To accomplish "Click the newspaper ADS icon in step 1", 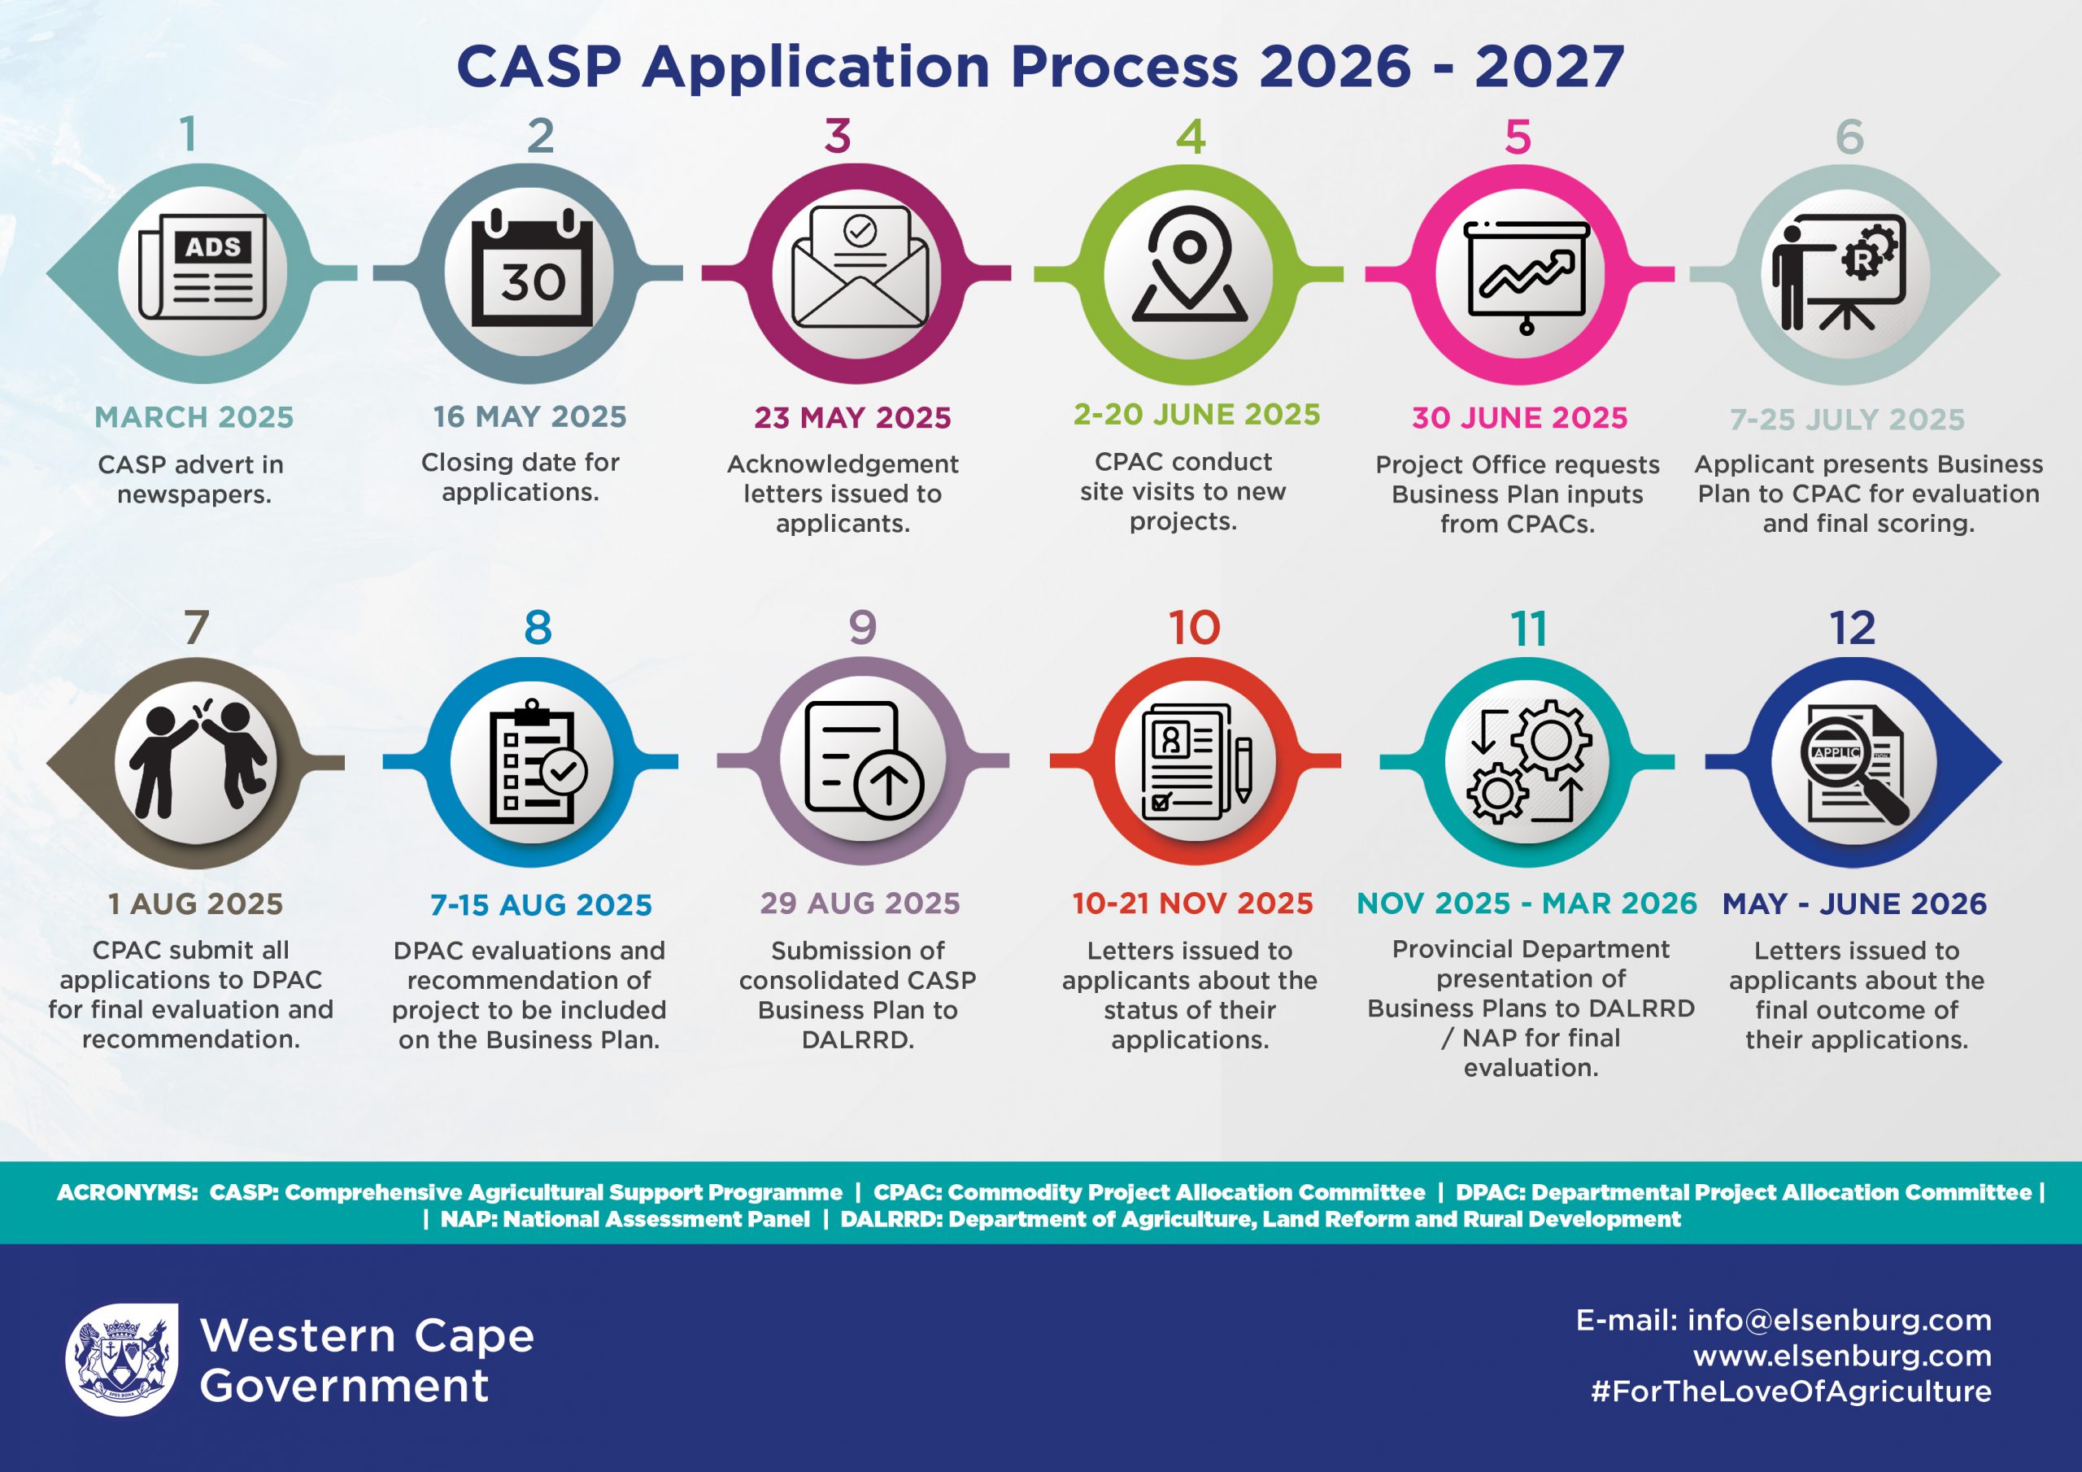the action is pyautogui.click(x=203, y=268).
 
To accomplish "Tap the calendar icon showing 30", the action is pyautogui.click(x=532, y=268).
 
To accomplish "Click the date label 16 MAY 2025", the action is pyautogui.click(x=529, y=416).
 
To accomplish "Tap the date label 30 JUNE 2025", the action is pyautogui.click(x=1520, y=417).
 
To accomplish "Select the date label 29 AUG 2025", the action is pyautogui.click(x=860, y=904).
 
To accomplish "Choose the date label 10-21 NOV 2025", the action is pyautogui.click(x=1192, y=904).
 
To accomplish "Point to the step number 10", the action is pyautogui.click(x=1194, y=628).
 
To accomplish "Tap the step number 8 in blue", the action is pyautogui.click(x=538, y=628).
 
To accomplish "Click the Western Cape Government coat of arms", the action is pyautogui.click(x=121, y=1359).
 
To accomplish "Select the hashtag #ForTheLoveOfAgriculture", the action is pyautogui.click(x=1792, y=1391).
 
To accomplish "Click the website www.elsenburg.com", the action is pyautogui.click(x=1843, y=1356).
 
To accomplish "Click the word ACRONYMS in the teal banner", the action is pyautogui.click(x=127, y=1193).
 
